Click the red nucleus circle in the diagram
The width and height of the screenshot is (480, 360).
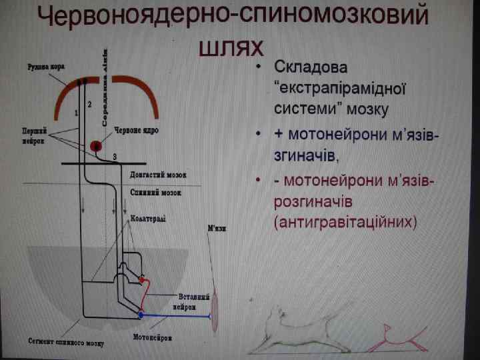point(96,145)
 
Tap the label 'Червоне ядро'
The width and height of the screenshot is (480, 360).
point(136,131)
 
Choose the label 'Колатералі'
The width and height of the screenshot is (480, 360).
point(148,218)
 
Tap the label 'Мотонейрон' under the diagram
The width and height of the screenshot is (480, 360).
point(152,337)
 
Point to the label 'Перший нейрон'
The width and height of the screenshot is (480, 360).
point(34,135)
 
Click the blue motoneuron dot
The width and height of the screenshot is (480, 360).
point(140,313)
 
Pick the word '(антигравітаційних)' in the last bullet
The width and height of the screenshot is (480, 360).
point(345,221)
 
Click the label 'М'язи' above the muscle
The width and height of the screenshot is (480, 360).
point(217,229)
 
